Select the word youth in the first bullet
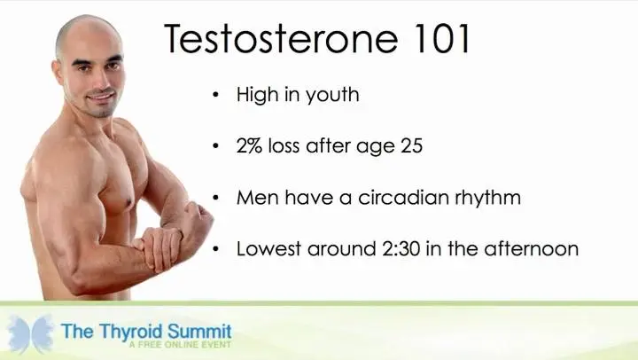tap(332, 95)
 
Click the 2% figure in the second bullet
tap(249, 145)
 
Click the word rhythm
tap(488, 199)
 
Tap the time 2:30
tap(401, 249)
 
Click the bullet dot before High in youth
tap(215, 95)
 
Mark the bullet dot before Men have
tap(215, 198)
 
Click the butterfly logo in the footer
tap(30, 333)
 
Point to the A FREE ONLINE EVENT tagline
tap(180, 345)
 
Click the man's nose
tap(100, 82)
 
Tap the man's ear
tap(58, 74)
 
